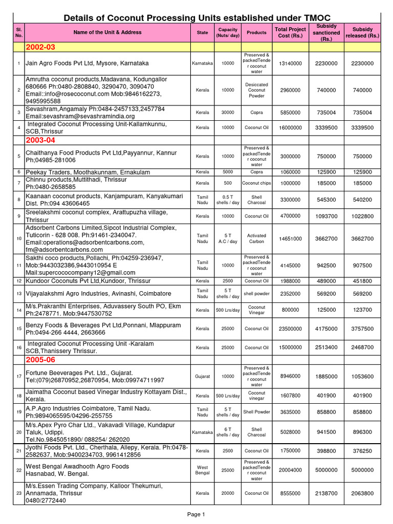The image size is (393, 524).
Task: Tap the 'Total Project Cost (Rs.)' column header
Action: [290, 32]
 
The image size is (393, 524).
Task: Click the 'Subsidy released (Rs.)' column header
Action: [362, 32]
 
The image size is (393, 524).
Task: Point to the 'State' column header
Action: [203, 32]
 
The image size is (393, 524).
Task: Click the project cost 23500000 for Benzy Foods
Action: [290, 329]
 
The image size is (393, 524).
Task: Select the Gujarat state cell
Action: [203, 376]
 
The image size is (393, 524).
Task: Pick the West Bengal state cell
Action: [203, 470]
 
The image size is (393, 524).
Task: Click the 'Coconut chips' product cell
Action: [256, 183]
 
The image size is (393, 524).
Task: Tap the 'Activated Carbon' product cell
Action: [256, 238]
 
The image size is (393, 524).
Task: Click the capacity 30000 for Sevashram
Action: [228, 113]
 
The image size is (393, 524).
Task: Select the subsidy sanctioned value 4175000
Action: [326, 329]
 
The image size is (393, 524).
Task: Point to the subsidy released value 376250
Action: [362, 451]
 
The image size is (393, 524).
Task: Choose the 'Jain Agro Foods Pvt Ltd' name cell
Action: [88, 63]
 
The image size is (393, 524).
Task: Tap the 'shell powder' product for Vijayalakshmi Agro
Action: [256, 294]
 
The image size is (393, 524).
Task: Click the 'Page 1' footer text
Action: [196, 514]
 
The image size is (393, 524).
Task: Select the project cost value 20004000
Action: [290, 470]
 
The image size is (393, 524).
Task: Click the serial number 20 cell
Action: [18, 432]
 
